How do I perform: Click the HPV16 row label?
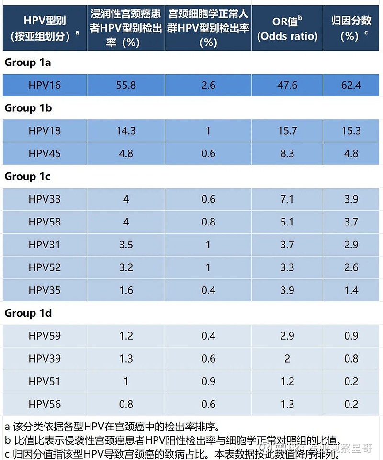[x=45, y=85]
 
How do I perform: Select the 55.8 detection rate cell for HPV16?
[x=126, y=85]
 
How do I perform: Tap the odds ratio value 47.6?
[x=287, y=85]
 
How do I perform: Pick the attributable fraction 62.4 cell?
[x=351, y=85]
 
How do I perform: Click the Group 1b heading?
[x=28, y=108]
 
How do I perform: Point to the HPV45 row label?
[x=45, y=153]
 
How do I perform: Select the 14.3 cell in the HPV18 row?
[x=126, y=130]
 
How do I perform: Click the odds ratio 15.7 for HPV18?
[x=287, y=130]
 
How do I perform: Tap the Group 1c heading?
[x=28, y=176]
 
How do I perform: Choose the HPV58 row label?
[x=45, y=222]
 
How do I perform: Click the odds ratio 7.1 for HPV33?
[x=287, y=199]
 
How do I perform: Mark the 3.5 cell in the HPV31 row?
[x=126, y=245]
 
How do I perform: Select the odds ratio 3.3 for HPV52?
[x=287, y=267]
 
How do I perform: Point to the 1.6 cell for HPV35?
[x=126, y=290]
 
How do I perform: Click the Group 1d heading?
[x=28, y=313]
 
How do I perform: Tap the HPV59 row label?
[x=45, y=336]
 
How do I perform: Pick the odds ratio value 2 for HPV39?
[x=287, y=359]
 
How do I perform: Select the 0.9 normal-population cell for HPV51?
[x=208, y=381]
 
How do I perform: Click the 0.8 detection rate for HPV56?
[x=126, y=404]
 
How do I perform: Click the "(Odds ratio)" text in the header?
[x=287, y=36]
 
